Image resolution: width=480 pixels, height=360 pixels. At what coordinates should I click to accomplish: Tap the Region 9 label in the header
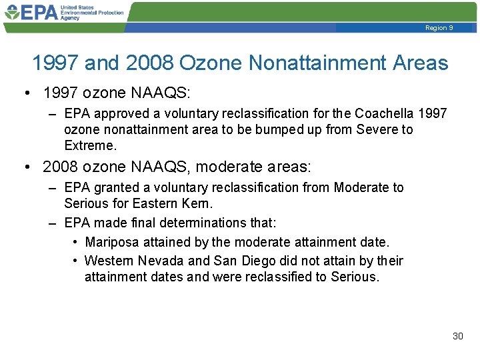click(439, 28)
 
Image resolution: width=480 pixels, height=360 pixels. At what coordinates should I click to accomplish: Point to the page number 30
click(457, 336)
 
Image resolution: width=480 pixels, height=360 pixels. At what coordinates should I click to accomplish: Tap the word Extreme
click(90, 145)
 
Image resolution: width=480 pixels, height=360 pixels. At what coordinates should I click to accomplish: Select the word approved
click(119, 113)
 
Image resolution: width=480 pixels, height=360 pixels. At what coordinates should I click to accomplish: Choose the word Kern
click(197, 203)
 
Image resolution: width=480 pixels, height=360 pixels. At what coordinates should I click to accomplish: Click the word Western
click(110, 260)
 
